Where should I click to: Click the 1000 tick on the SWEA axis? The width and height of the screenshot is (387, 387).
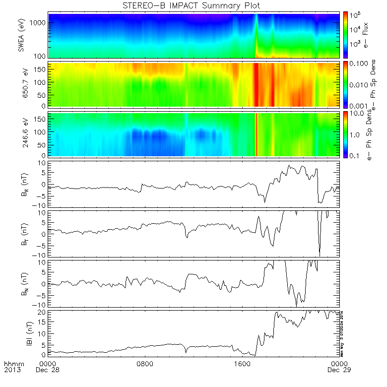click(x=40, y=23)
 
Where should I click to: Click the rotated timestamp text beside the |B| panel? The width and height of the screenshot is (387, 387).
click(x=342, y=332)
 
